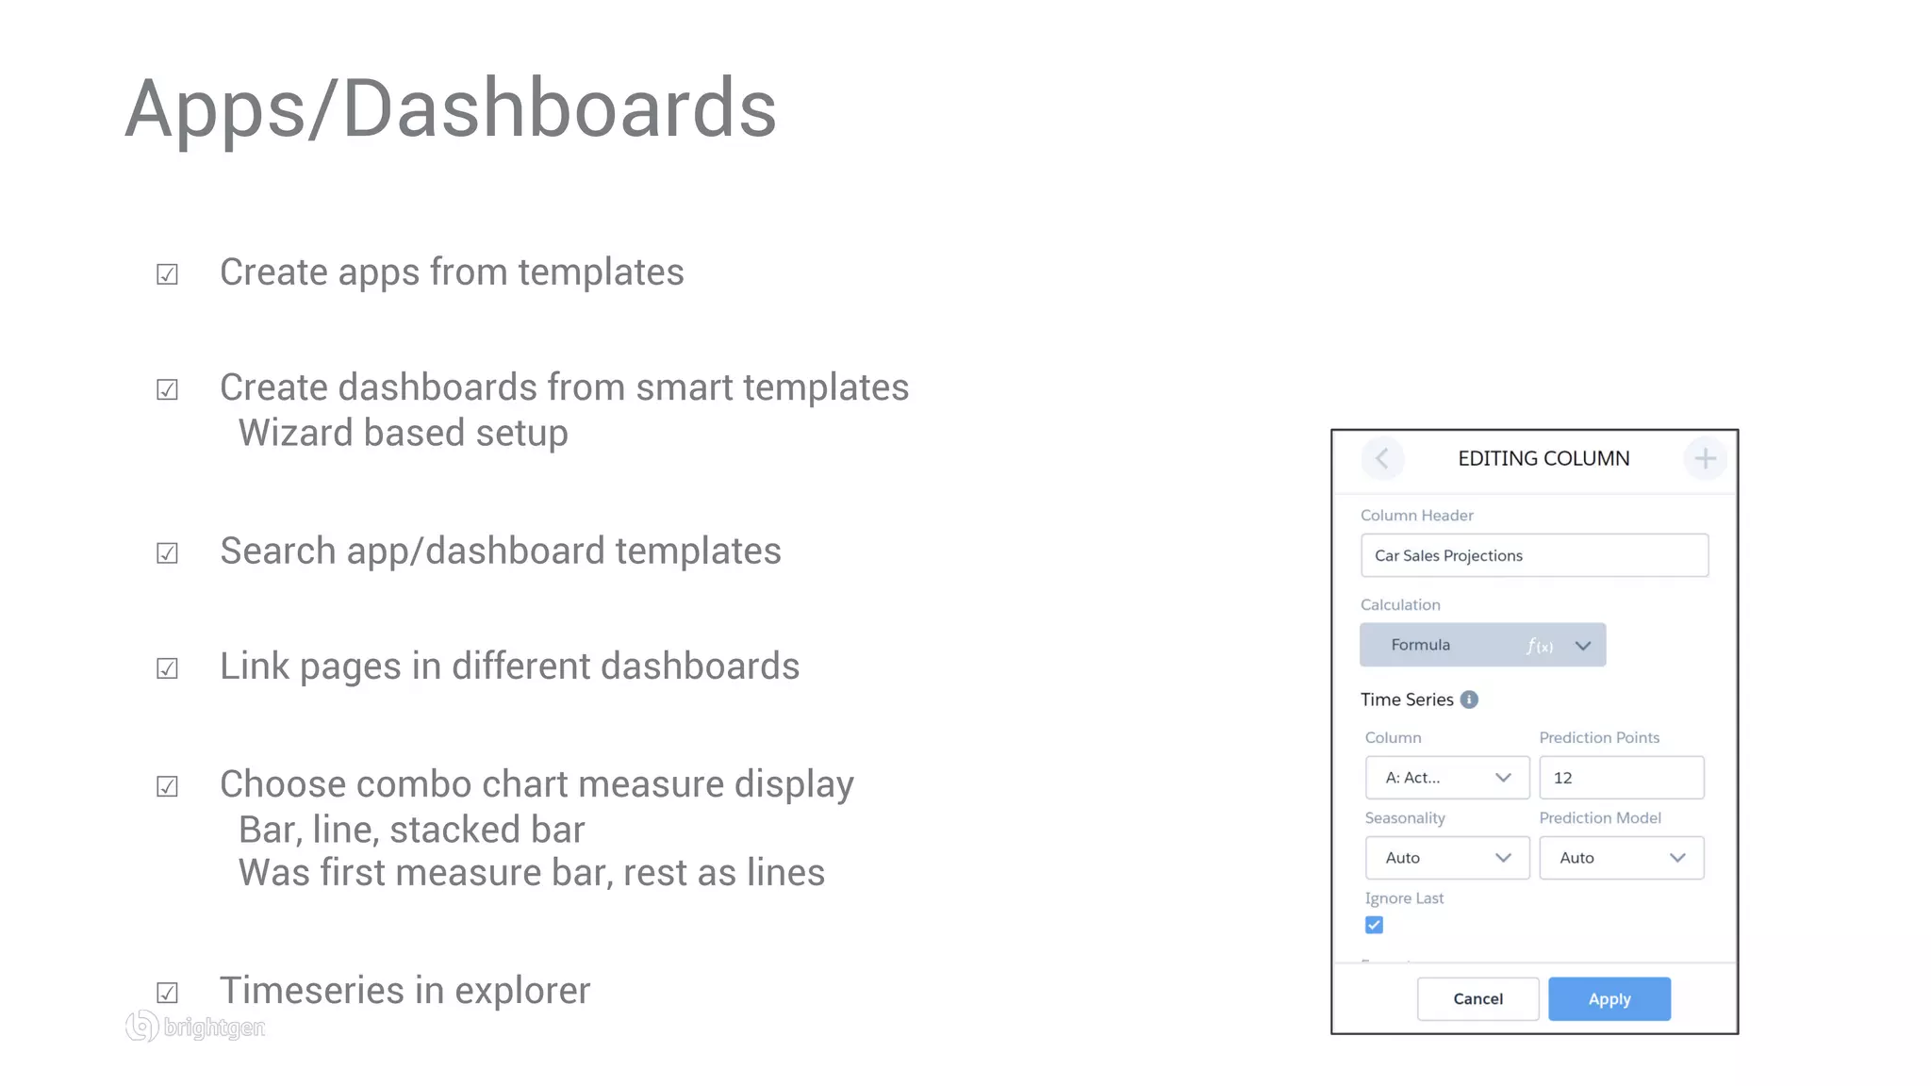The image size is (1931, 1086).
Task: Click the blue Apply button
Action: (x=1609, y=998)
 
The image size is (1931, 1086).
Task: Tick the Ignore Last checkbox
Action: (x=1374, y=925)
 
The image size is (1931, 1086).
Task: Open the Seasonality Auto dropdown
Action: (x=1446, y=858)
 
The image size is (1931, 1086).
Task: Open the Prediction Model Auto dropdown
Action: (x=1621, y=858)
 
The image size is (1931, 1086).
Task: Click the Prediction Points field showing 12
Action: (x=1621, y=778)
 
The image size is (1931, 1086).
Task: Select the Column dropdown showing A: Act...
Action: (x=1446, y=778)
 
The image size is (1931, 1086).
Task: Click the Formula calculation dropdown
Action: (x=1482, y=645)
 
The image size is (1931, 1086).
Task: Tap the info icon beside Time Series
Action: (x=1469, y=699)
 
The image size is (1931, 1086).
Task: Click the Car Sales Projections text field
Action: (x=1534, y=555)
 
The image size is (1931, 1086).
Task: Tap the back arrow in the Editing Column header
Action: (x=1382, y=459)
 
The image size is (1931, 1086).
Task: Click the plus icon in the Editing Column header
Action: (x=1705, y=459)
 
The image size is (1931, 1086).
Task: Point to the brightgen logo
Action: (x=196, y=1026)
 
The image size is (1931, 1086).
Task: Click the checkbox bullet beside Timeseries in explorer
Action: (x=167, y=993)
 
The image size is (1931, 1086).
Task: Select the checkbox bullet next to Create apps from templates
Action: (x=167, y=274)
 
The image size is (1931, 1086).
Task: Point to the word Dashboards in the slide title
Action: (x=559, y=109)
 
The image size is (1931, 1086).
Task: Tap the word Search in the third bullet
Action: (x=277, y=551)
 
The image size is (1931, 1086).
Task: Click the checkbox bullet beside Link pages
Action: (x=167, y=668)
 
